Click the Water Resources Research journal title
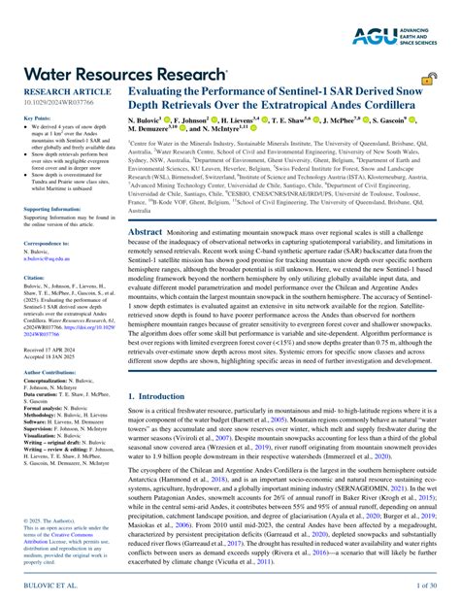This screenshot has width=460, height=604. tap(123, 74)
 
